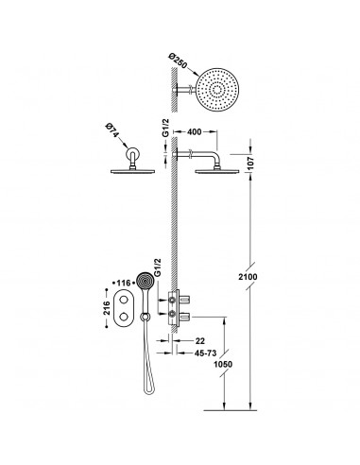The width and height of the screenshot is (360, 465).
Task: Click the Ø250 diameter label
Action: (x=179, y=61)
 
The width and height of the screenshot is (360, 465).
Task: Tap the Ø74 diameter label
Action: (x=112, y=130)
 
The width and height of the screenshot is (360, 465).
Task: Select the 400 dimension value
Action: (x=194, y=131)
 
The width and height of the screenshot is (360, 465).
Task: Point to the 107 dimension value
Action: (x=249, y=164)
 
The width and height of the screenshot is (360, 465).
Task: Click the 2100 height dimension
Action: (x=248, y=277)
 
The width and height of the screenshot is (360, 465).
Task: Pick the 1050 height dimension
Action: (x=223, y=364)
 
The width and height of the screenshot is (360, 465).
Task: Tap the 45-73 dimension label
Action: (x=205, y=353)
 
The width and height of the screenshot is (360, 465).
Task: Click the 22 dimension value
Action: (x=200, y=341)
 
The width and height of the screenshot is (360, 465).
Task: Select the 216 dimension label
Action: (x=107, y=308)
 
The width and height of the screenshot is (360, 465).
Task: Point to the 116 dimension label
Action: (x=124, y=284)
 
